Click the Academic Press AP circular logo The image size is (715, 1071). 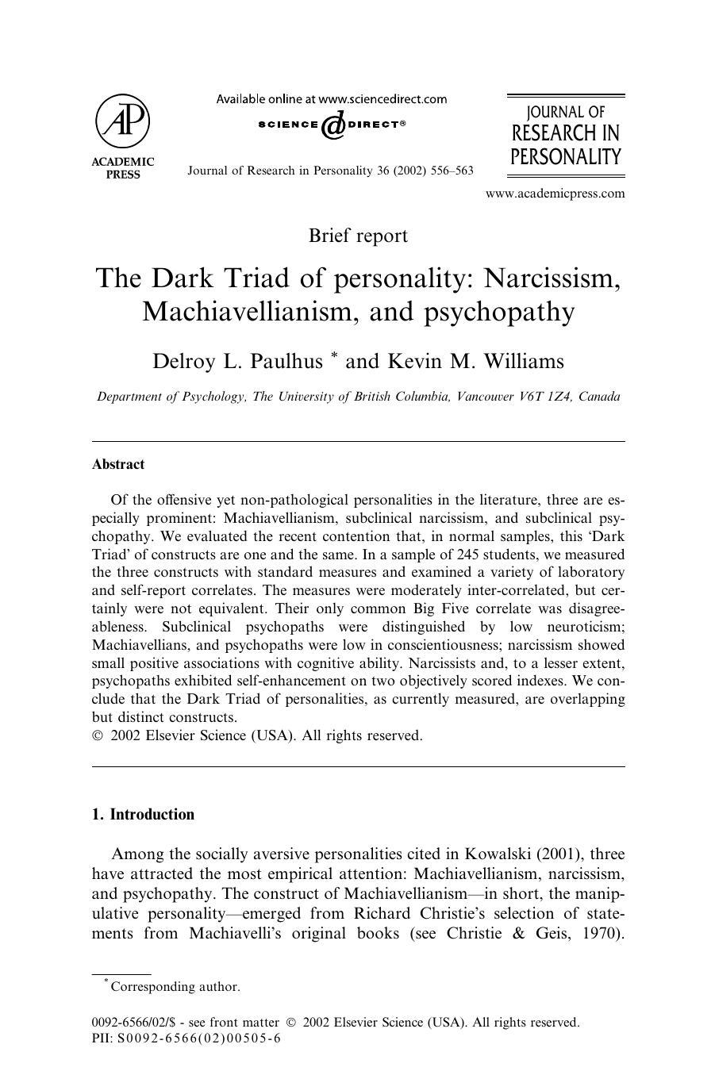pos(122,122)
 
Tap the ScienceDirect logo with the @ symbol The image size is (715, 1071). pos(332,125)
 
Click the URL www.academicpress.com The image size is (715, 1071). pos(555,193)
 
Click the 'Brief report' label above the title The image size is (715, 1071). pos(358,236)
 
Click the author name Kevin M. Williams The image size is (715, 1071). pos(475,362)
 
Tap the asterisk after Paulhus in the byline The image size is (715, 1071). pos(334,357)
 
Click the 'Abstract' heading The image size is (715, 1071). pos(118,465)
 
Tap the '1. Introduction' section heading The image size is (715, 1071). pos(143,815)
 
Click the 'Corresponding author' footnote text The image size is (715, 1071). pos(175,987)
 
